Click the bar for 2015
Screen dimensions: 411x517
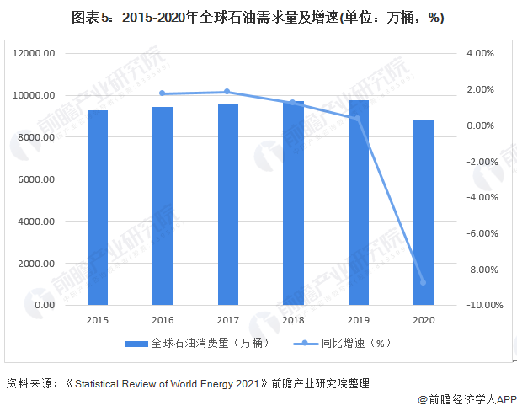click(x=98, y=207)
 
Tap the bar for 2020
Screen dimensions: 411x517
click(x=424, y=212)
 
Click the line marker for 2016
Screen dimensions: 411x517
click(x=163, y=93)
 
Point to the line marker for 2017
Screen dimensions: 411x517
click(x=227, y=92)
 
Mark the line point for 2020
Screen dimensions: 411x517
click(x=424, y=282)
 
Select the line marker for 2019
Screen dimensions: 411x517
click(x=358, y=118)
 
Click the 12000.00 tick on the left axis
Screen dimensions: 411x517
click(x=35, y=53)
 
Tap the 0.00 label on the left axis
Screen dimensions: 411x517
click(x=44, y=305)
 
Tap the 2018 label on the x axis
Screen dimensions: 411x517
click(x=293, y=320)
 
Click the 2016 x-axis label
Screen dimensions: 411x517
click(x=163, y=320)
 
